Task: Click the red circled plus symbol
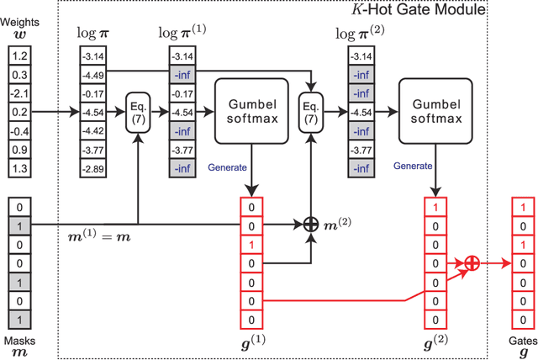pyautogui.click(x=472, y=262)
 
